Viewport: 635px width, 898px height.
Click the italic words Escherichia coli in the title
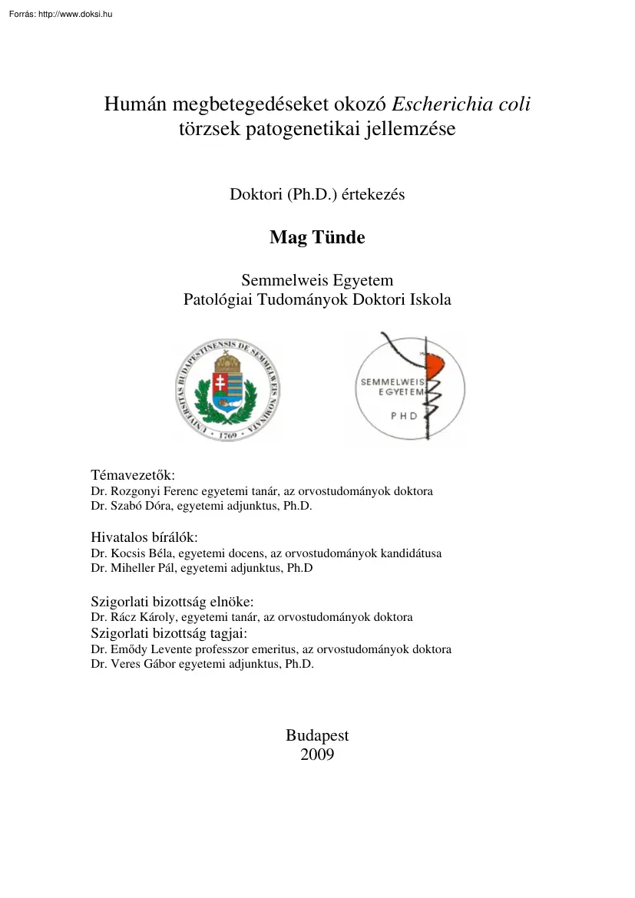tap(461, 105)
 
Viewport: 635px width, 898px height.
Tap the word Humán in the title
tap(133, 105)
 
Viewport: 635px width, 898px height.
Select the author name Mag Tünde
tap(317, 238)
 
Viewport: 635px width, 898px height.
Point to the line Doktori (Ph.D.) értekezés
tap(317, 195)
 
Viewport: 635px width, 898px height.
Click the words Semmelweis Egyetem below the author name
tap(317, 281)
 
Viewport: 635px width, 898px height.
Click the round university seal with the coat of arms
tap(228, 391)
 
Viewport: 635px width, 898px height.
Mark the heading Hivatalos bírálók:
tap(144, 537)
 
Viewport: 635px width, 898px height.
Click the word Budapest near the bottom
tap(317, 735)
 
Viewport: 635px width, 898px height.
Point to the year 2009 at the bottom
tap(317, 754)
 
